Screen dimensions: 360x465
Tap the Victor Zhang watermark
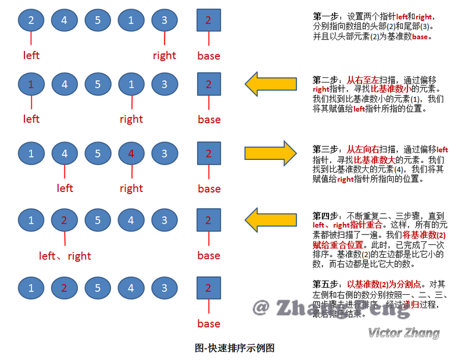point(403,333)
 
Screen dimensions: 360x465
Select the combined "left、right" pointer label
point(65,256)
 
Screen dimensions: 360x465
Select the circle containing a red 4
point(132,154)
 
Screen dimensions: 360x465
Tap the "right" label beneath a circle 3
point(164,56)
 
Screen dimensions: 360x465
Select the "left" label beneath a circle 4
point(65,188)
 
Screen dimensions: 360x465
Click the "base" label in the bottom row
point(209,323)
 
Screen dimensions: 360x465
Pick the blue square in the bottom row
point(209,287)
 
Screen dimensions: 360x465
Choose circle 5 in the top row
point(98,21)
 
